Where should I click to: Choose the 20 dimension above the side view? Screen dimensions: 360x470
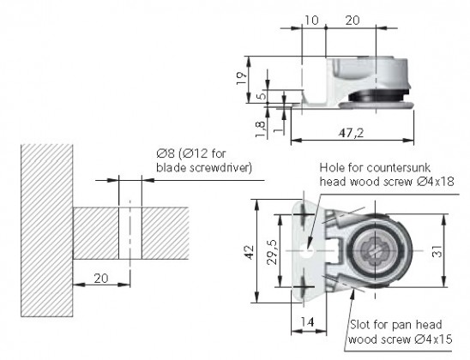point(352,19)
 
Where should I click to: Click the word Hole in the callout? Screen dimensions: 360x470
point(332,168)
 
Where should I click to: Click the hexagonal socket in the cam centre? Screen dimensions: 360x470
point(377,250)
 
